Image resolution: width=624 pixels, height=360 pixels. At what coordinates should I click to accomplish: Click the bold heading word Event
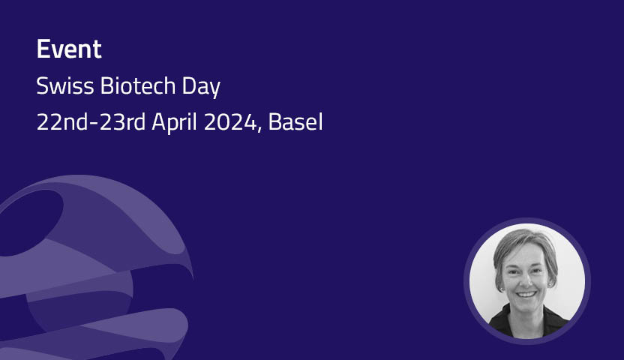click(x=69, y=50)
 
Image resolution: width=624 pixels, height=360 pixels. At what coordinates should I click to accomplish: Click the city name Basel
click(x=298, y=122)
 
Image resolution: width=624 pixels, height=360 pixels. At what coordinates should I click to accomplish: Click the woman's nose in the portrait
click(x=526, y=283)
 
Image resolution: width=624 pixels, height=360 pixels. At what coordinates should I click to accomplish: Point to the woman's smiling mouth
click(x=527, y=295)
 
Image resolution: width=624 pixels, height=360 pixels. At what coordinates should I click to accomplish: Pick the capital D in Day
click(x=188, y=87)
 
